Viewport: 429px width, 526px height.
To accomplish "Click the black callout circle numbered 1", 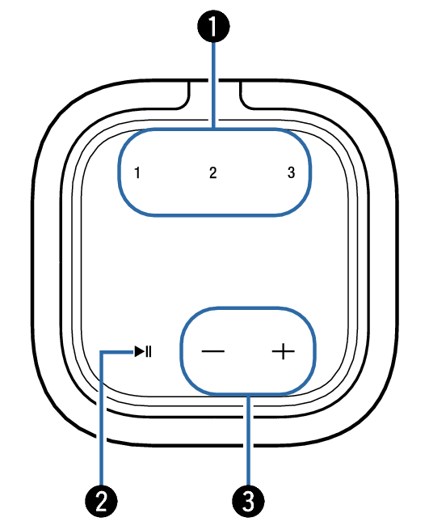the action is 213,26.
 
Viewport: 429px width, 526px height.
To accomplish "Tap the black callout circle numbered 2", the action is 101,502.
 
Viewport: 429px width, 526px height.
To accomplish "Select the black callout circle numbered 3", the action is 248,502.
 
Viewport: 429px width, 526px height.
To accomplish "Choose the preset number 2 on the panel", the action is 213,172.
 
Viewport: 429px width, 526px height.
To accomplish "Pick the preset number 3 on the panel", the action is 292,172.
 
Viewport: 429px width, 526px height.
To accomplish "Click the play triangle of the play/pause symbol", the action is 140,351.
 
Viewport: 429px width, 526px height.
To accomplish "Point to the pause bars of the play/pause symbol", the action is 149,351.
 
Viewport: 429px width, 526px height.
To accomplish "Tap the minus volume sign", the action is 213,351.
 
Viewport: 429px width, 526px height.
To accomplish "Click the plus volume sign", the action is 284,351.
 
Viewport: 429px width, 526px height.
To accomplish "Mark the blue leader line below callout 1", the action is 213,85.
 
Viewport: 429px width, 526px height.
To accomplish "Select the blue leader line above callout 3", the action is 248,440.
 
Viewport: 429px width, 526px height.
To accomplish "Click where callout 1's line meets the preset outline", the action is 213,129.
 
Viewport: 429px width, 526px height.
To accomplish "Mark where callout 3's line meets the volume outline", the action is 248,393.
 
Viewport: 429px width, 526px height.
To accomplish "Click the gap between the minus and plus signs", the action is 248,351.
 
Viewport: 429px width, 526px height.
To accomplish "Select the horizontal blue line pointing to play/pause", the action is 117,352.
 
